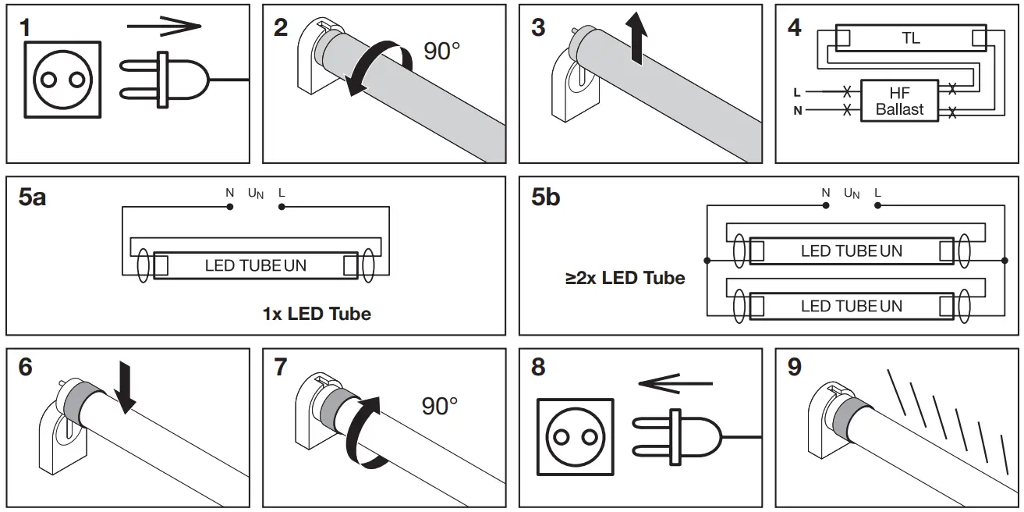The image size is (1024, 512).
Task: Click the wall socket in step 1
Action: pyautogui.click(x=62, y=80)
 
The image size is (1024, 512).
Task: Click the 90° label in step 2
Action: pyautogui.click(x=442, y=52)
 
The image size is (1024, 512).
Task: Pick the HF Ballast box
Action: pyautogui.click(x=899, y=101)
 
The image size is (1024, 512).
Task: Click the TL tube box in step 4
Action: pyautogui.click(x=910, y=37)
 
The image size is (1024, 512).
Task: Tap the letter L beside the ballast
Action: pyautogui.click(x=796, y=92)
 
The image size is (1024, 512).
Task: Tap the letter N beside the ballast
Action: pyautogui.click(x=797, y=110)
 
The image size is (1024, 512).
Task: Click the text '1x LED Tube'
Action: pyautogui.click(x=317, y=314)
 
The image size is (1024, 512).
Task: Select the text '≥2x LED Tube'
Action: pyautogui.click(x=625, y=278)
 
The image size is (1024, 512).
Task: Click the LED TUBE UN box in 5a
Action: pyautogui.click(x=256, y=265)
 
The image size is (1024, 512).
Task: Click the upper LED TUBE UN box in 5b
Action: pyautogui.click(x=851, y=251)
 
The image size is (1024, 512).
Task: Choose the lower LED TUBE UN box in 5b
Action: pyautogui.click(x=851, y=306)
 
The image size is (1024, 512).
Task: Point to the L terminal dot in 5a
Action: pyautogui.click(x=282, y=207)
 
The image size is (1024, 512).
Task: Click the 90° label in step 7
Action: pyautogui.click(x=440, y=406)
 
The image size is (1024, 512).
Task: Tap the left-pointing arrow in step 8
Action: pyautogui.click(x=675, y=384)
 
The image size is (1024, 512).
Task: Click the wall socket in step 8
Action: pyautogui.click(x=576, y=436)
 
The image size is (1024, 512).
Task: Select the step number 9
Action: pyautogui.click(x=794, y=367)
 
